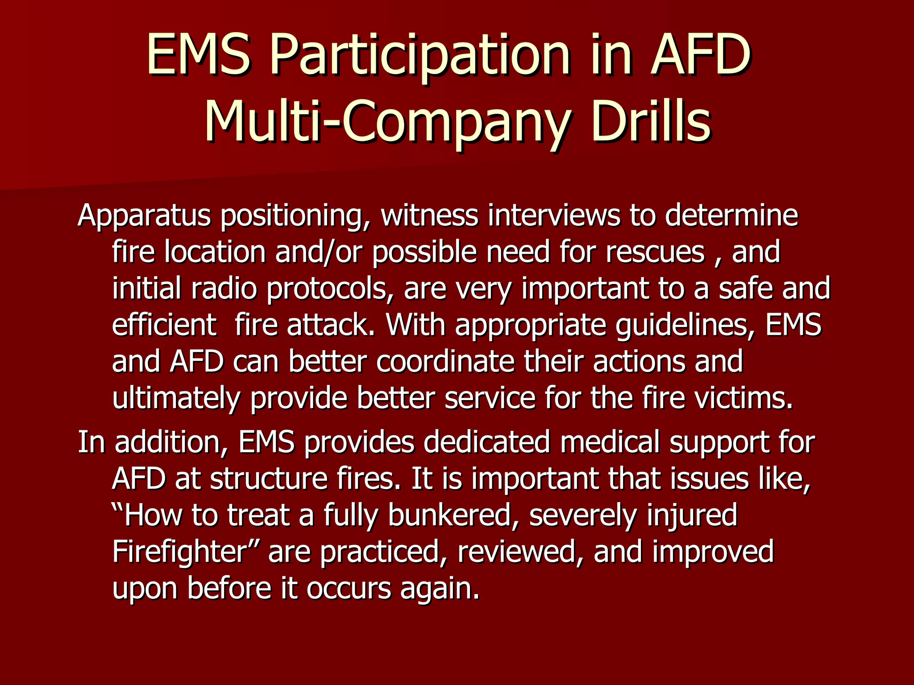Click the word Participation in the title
tap(420, 56)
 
